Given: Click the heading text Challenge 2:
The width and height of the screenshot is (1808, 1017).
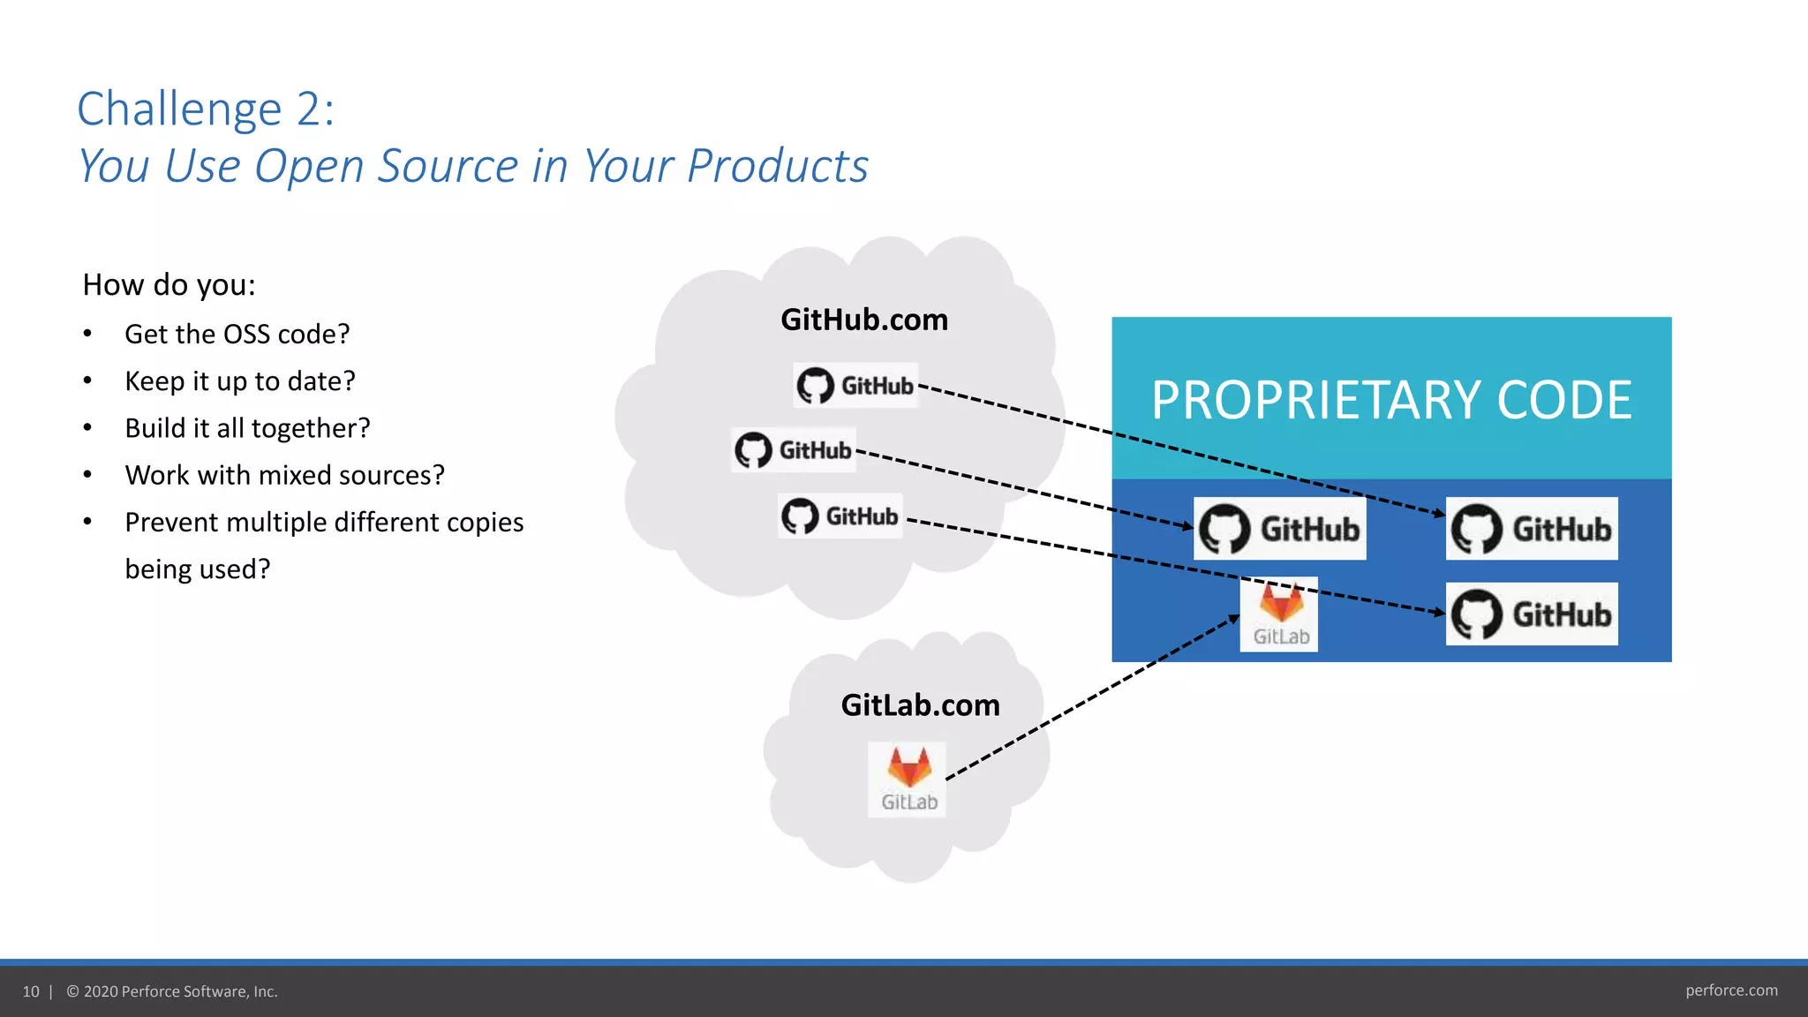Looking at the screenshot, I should (x=206, y=109).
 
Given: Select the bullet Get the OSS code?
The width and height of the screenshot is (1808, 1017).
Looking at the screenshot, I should (x=237, y=335).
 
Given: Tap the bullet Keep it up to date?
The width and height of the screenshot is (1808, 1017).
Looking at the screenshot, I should (x=239, y=381).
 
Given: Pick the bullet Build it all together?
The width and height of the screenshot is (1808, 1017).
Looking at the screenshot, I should (x=247, y=428).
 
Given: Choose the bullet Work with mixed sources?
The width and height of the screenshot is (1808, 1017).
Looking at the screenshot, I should (x=284, y=475).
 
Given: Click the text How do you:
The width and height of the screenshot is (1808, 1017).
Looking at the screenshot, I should (x=169, y=285).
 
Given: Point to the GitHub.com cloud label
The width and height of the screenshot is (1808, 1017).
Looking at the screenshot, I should (x=863, y=320).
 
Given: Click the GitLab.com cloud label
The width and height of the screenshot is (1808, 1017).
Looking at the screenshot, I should (x=920, y=705).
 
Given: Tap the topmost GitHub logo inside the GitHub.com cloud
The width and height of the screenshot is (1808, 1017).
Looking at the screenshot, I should (x=855, y=385).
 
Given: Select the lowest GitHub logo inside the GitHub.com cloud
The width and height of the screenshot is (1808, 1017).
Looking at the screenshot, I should (x=840, y=516).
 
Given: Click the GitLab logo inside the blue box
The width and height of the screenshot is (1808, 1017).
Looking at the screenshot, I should (x=1279, y=614).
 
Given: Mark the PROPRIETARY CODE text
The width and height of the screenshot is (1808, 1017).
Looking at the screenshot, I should (x=1391, y=400).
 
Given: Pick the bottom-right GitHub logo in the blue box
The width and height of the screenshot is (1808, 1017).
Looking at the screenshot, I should (x=1532, y=614).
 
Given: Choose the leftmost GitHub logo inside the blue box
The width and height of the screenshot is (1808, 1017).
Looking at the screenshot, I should (x=1279, y=529).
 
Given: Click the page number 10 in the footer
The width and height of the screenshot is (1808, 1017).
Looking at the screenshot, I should (x=31, y=991).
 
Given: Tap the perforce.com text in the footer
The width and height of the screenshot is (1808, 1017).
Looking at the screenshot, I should (x=1730, y=991).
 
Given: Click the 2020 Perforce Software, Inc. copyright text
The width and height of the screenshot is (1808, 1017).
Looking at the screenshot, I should (x=172, y=991).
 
